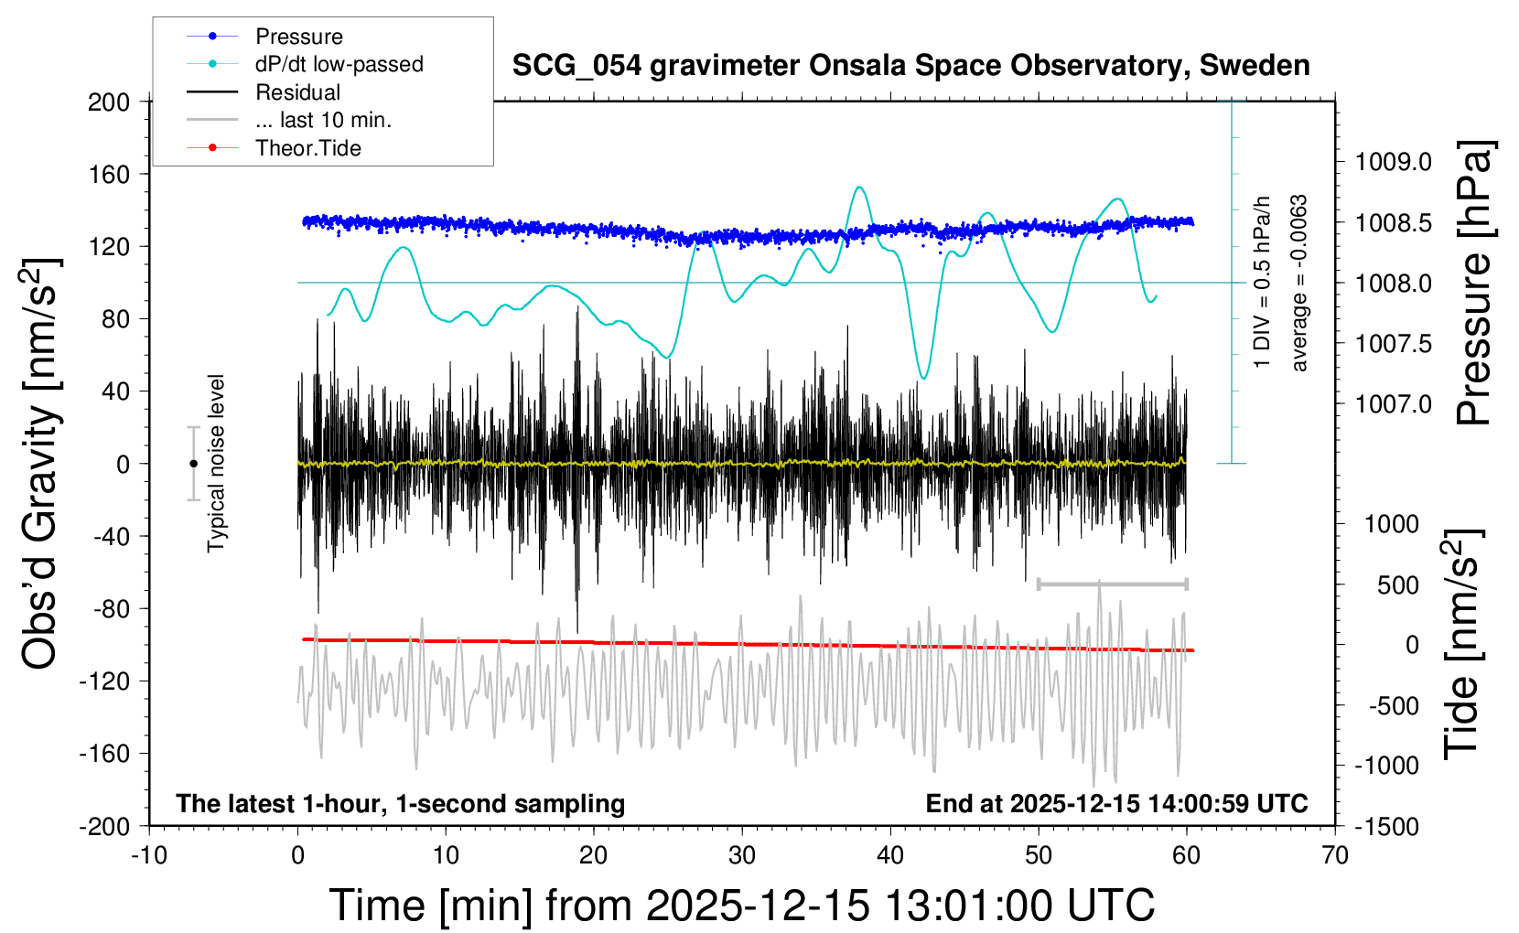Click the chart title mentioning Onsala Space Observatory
910,66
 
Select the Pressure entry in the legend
298,37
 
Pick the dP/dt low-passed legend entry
339,64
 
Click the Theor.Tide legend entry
307,148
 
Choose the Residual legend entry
297,92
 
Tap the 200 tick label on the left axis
109,102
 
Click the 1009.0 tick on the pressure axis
1394,162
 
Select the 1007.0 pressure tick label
1394,403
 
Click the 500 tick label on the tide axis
1397,584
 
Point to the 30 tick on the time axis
742,855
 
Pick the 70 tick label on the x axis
1335,855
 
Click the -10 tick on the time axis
149,855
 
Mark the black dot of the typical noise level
193,464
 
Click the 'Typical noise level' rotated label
216,463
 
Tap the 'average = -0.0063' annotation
1299,283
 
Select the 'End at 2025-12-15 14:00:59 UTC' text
1116,803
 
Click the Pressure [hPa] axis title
1473,283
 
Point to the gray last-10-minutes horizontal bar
1112,584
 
